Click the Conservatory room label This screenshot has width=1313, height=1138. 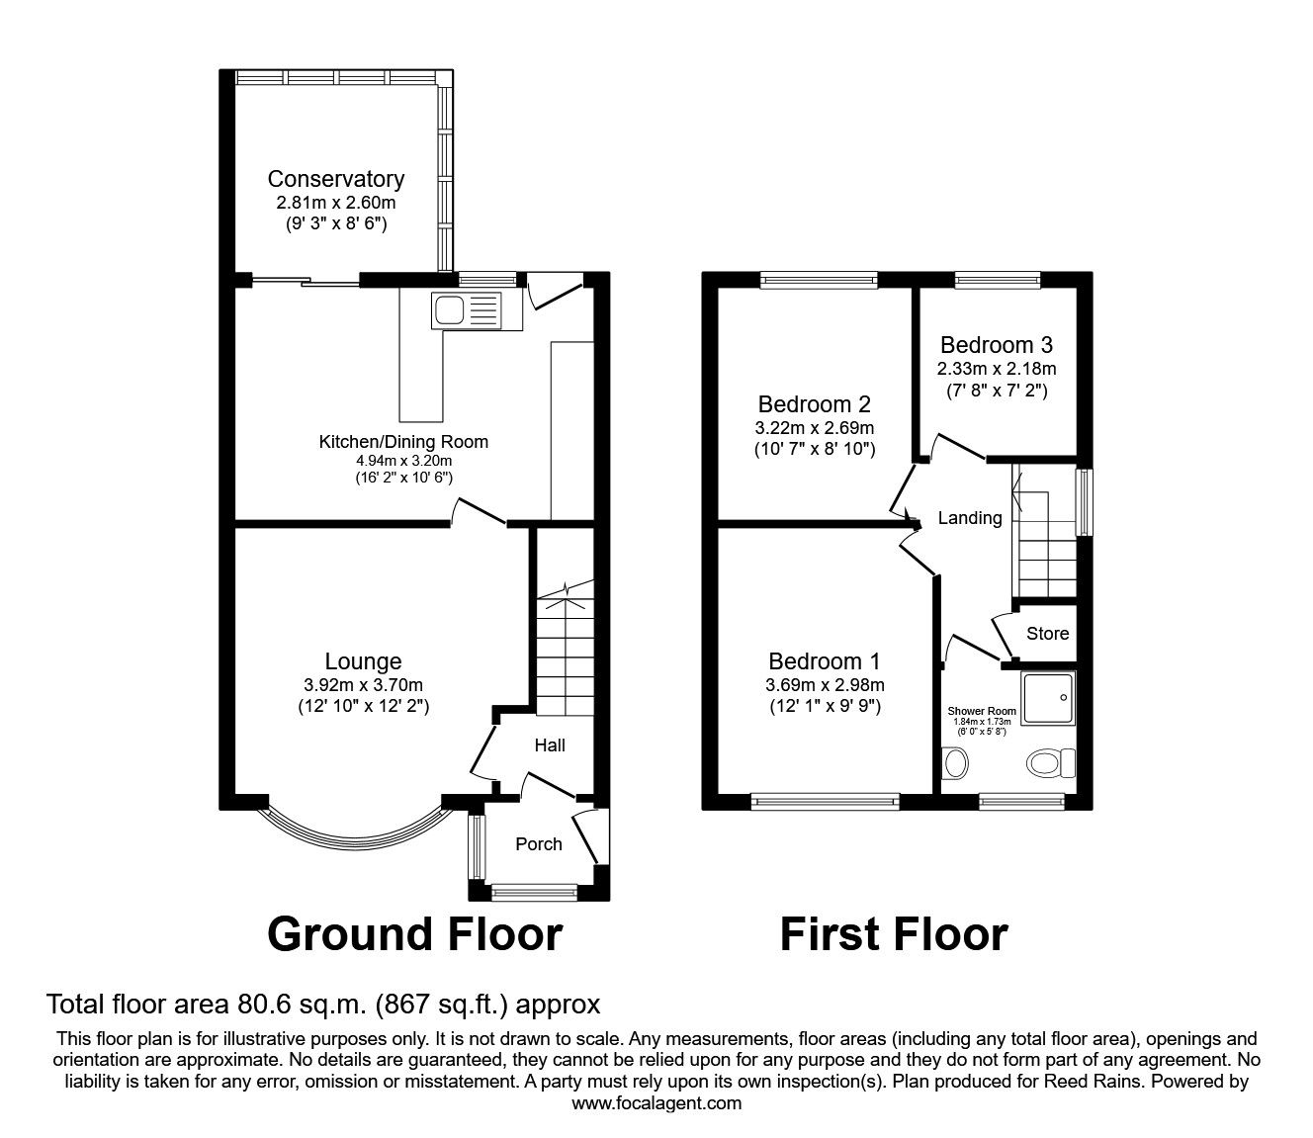click(x=335, y=179)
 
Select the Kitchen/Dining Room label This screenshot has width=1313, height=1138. click(x=402, y=442)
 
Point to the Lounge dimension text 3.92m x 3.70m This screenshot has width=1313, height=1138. click(x=363, y=685)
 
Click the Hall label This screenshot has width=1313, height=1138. click(x=550, y=744)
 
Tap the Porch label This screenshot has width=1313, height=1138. click(x=539, y=843)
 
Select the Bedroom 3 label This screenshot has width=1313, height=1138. click(x=996, y=345)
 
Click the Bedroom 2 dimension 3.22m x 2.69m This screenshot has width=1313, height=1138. click(x=814, y=428)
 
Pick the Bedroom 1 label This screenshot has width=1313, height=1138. click(x=824, y=661)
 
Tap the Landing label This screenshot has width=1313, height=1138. click(x=969, y=518)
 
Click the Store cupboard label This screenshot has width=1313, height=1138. click(x=1047, y=634)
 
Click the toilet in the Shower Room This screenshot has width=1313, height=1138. click(x=1050, y=762)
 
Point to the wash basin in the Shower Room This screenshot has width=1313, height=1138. click(x=956, y=763)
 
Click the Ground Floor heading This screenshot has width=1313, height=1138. click(x=414, y=934)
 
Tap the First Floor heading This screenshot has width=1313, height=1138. click(x=894, y=934)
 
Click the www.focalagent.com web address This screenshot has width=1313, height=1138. click(x=656, y=1102)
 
